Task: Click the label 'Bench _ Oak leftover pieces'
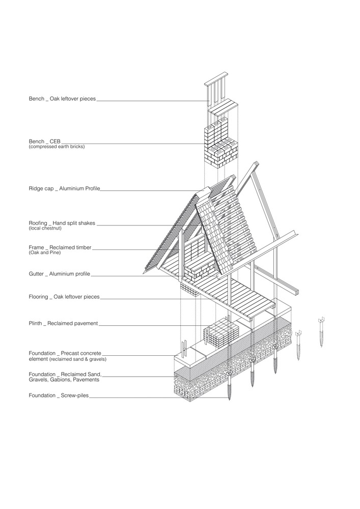click(x=62, y=99)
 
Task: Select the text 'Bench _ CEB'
click(x=44, y=142)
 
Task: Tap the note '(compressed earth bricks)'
click(x=57, y=147)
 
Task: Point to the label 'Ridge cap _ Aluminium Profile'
click(x=64, y=189)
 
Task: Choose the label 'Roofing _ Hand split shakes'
click(x=62, y=223)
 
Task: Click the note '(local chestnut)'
click(x=45, y=228)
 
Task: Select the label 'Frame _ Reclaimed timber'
click(x=60, y=248)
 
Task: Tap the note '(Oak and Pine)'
click(x=44, y=252)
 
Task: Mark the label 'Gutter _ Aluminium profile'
click(x=60, y=274)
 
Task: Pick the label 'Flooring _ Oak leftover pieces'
click(x=64, y=297)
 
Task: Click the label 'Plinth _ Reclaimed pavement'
click(x=63, y=324)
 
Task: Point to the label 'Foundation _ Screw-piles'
click(x=59, y=395)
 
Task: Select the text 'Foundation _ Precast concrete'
click(x=65, y=353)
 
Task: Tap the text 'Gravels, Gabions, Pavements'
click(x=64, y=380)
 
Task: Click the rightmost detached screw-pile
click(x=321, y=333)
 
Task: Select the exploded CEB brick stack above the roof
click(x=221, y=143)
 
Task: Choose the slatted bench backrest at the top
click(x=215, y=91)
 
